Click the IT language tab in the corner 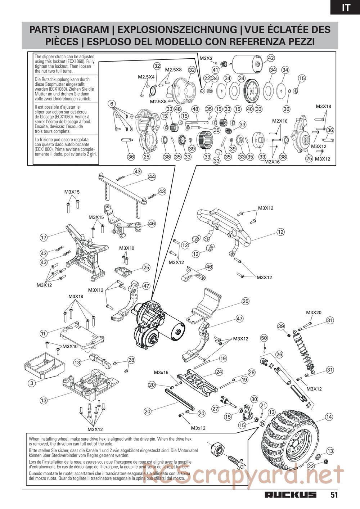tap(346, 8)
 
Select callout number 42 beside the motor tap(271, 58)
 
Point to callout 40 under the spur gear tap(250, 109)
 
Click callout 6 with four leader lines tap(112, 104)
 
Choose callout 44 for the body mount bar tap(152, 176)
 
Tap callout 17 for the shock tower tap(44, 238)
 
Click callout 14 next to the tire tap(329, 417)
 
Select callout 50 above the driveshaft tap(264, 338)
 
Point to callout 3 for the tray tap(32, 383)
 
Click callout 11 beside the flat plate tap(44, 334)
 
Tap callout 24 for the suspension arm tap(219, 372)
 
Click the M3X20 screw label tap(314, 312)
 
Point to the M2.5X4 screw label tap(146, 77)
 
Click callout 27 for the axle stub tap(215, 409)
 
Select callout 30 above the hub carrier tap(254, 399)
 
